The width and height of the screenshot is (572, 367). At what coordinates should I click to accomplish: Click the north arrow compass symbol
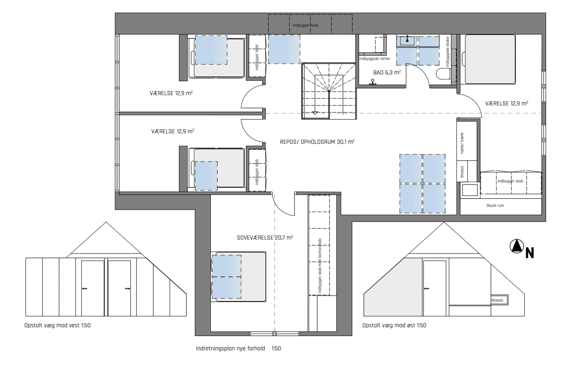516,246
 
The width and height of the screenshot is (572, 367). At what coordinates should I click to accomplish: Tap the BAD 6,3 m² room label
387,72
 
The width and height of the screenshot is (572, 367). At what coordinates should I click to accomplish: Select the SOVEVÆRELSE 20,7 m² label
265,238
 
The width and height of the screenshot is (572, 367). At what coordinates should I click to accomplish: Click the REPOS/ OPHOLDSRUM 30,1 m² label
317,142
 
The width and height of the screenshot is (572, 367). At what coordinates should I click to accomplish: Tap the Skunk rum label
495,205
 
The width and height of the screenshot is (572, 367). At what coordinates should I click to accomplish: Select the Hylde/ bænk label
462,143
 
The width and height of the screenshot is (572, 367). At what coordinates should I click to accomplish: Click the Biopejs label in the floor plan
462,172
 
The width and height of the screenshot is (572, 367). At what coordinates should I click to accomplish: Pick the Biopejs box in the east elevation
499,300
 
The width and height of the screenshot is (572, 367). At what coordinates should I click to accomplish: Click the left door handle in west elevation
84,288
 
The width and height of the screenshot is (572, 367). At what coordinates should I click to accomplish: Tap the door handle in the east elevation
426,288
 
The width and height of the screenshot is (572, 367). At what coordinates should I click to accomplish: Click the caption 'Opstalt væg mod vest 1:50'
58,325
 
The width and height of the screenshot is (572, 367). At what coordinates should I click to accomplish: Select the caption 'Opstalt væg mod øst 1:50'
394,325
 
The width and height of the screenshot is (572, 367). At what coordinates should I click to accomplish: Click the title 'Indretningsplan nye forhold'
230,349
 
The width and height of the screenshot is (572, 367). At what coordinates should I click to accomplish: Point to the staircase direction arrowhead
315,113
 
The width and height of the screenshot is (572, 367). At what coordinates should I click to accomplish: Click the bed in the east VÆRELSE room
490,59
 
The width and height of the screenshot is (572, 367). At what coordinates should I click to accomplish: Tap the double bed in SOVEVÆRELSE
238,277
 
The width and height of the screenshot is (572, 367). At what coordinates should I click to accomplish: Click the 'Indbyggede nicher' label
375,59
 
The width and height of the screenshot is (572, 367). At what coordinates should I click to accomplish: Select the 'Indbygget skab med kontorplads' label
320,266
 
